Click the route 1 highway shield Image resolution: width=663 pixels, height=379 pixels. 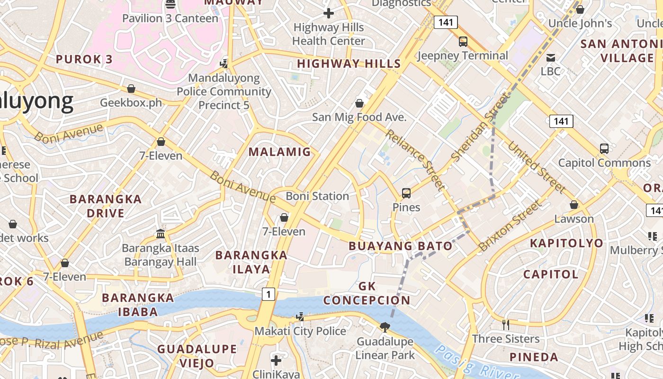(269, 294)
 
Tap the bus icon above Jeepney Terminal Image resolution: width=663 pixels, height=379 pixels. (463, 42)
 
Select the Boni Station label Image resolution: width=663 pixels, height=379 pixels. (317, 196)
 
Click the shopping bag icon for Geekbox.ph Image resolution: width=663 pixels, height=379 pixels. (131, 89)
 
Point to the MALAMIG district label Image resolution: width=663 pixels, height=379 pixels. (280, 152)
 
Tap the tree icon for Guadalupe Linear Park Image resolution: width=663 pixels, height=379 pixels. (385, 326)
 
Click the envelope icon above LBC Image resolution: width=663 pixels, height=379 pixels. (551, 58)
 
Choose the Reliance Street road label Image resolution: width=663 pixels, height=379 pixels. (415, 159)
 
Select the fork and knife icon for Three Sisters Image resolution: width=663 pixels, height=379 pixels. (506, 325)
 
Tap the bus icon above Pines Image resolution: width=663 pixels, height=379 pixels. (406, 193)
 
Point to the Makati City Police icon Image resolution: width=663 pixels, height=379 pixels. (300, 316)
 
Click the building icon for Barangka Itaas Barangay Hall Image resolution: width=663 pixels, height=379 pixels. (161, 234)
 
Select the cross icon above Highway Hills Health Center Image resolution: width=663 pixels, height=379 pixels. (329, 13)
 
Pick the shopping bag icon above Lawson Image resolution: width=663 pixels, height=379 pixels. (574, 205)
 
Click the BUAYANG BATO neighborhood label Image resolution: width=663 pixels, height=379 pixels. (401, 246)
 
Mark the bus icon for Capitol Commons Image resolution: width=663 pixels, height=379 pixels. (604, 148)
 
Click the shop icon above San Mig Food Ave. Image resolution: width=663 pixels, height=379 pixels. (359, 103)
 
